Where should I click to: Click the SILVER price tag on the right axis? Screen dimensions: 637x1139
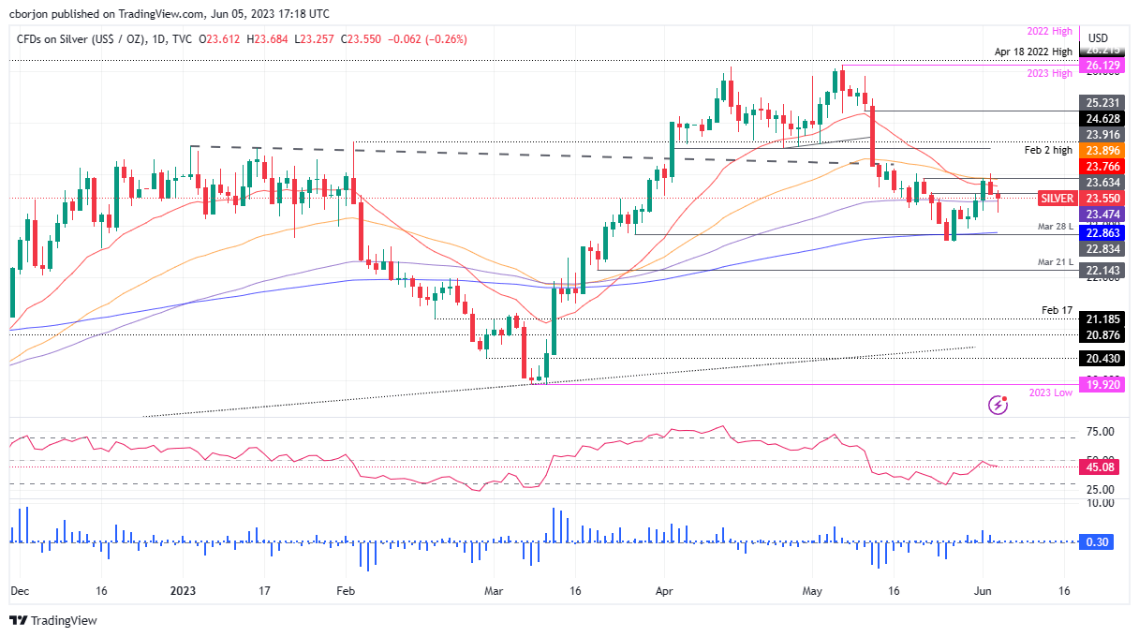[x=1057, y=199]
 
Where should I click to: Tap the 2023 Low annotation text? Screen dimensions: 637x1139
[x=1050, y=393]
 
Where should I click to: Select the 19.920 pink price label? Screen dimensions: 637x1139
[x=1103, y=383]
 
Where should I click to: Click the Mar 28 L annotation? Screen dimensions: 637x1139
[x=1054, y=228]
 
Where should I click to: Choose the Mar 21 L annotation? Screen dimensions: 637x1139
[x=1054, y=263]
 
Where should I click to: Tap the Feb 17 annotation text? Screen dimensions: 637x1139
[x=1057, y=309]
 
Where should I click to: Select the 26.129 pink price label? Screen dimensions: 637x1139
[x=1103, y=66]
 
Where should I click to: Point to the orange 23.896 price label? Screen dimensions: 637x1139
[x=1103, y=150]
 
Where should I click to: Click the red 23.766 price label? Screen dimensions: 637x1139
[x=1103, y=167]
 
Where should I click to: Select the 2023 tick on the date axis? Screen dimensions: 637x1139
[x=184, y=591]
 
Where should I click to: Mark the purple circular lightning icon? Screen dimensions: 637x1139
[x=998, y=405]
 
